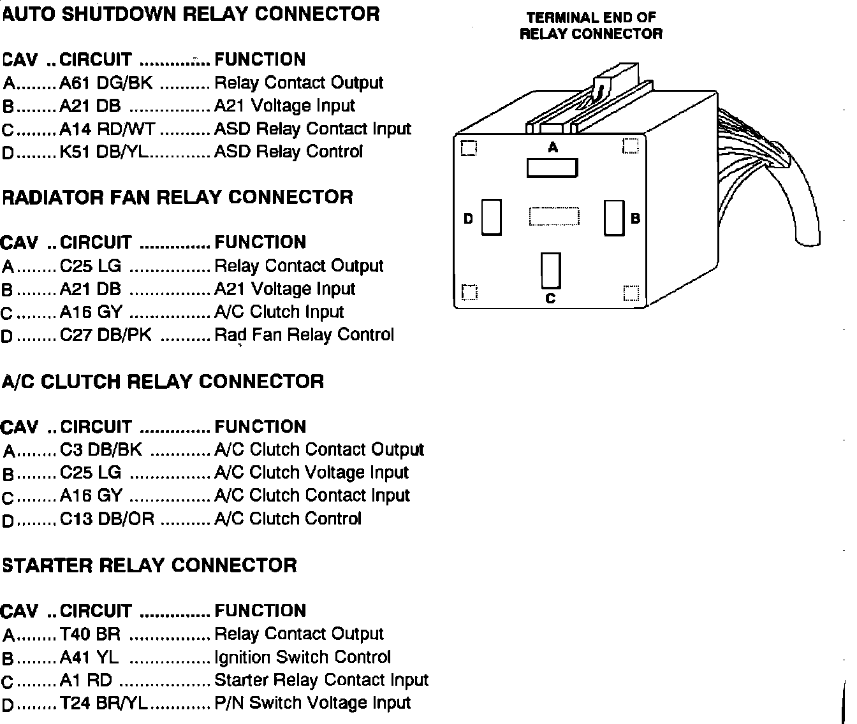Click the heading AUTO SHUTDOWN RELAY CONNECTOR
191,14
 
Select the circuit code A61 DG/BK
106,83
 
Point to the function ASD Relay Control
288,152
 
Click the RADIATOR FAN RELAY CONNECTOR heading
177,197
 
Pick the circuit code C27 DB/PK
106,335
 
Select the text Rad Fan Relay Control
304,335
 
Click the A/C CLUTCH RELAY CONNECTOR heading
163,381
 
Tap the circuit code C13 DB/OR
107,519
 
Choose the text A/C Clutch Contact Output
319,450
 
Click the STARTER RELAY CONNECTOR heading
150,565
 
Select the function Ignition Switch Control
302,657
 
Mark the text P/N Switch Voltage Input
312,703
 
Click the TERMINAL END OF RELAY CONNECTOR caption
591,26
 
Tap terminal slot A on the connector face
552,168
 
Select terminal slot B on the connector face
614,218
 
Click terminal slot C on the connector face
550,270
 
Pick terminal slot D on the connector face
492,217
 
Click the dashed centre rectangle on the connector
554,217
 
